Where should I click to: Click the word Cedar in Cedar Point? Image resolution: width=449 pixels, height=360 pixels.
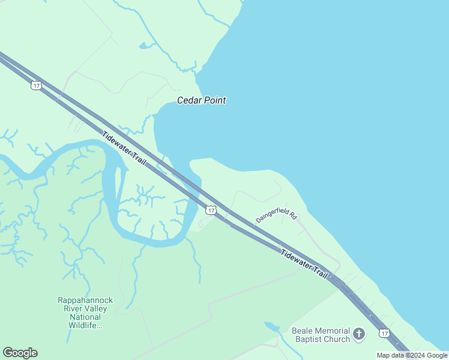pyautogui.click(x=189, y=101)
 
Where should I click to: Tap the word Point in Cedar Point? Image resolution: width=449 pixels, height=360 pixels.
pyautogui.click(x=214, y=101)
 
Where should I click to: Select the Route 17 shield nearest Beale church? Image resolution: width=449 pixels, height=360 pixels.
pyautogui.click(x=384, y=333)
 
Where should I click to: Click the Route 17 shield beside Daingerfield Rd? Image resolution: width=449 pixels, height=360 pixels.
pyautogui.click(x=210, y=209)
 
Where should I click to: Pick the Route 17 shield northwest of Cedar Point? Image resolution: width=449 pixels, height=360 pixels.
pyautogui.click(x=37, y=86)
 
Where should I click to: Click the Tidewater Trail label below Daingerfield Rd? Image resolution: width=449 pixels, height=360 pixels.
pyautogui.click(x=304, y=262)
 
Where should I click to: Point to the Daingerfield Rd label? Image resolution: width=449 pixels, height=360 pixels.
pyautogui.click(x=277, y=217)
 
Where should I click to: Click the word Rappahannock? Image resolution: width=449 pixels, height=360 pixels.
pyautogui.click(x=85, y=300)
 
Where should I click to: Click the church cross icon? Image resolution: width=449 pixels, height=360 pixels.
pyautogui.click(x=359, y=334)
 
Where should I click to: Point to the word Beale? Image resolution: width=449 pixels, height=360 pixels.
pyautogui.click(x=303, y=331)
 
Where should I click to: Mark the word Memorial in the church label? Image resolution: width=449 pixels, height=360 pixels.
pyautogui.click(x=333, y=331)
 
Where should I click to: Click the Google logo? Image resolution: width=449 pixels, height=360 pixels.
pyautogui.click(x=20, y=353)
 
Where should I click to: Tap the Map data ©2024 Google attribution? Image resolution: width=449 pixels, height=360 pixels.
pyautogui.click(x=412, y=355)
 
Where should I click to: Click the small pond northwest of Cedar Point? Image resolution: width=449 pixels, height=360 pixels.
pyautogui.click(x=145, y=46)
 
